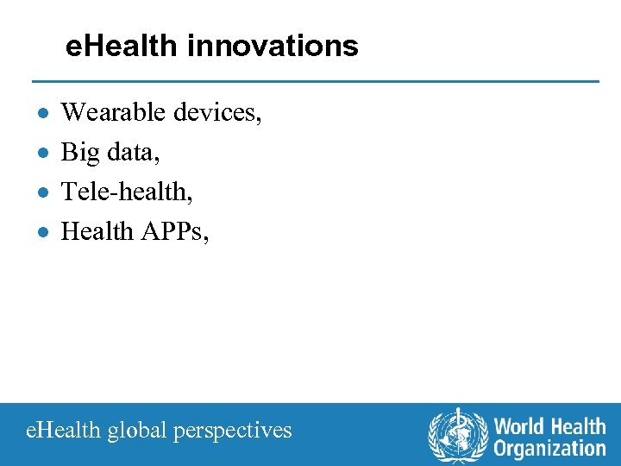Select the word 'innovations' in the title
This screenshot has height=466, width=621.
(272, 46)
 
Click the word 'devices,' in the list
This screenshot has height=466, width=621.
(218, 112)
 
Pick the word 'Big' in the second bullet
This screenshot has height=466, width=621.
(81, 153)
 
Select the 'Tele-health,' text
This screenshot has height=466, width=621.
(127, 192)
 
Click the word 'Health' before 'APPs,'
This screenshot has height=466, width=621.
(97, 231)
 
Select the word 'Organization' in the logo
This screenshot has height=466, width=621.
(549, 448)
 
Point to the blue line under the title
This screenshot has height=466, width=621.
(315, 81)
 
